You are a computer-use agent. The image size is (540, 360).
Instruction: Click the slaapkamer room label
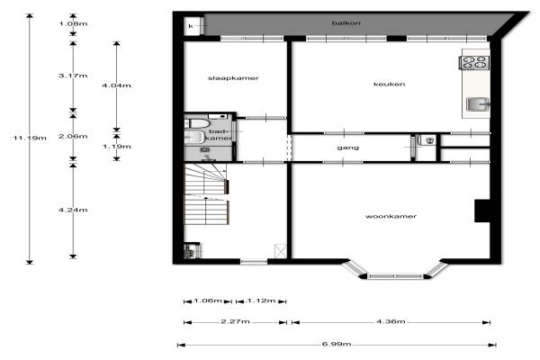233,78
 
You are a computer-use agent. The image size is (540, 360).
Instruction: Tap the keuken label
389,84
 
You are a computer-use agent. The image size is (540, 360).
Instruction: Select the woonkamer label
391,216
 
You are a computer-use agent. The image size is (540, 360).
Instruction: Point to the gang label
347,148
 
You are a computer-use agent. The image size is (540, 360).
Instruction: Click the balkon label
346,23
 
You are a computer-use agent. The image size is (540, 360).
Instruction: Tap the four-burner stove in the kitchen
474,62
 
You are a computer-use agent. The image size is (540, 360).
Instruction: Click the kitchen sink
478,104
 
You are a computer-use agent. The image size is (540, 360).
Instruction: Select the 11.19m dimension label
30,138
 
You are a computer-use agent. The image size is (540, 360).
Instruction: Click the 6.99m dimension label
337,344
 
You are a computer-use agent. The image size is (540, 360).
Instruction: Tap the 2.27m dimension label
235,321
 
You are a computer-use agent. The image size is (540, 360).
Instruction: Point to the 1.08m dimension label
73,23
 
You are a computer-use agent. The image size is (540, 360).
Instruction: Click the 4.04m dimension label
116,85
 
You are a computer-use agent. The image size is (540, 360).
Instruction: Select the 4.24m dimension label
73,210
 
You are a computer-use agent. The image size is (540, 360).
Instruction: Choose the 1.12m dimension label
261,301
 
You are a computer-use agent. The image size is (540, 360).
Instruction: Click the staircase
206,194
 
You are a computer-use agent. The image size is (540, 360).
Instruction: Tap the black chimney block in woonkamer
482,211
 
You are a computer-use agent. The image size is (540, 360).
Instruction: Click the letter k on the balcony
191,26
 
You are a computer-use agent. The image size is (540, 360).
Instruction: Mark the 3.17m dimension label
73,76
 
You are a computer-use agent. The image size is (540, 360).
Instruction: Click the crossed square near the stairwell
281,251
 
